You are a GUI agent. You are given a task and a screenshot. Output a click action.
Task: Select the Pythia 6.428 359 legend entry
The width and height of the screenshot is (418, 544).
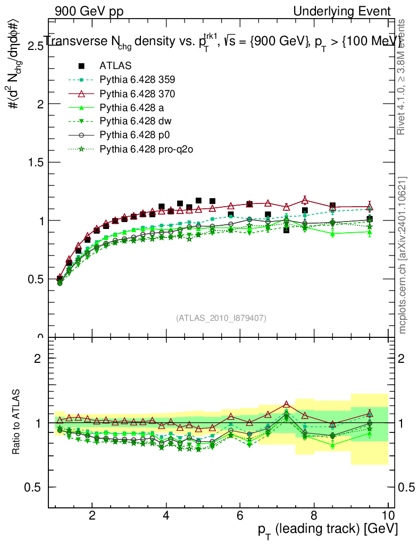click(x=137, y=80)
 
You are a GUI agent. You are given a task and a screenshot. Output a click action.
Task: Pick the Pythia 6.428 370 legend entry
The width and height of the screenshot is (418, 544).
click(x=137, y=93)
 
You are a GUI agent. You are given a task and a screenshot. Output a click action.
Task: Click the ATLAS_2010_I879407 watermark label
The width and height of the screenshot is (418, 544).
click(x=221, y=318)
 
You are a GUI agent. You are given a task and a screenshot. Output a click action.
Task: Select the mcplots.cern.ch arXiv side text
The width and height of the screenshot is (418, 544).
click(x=403, y=256)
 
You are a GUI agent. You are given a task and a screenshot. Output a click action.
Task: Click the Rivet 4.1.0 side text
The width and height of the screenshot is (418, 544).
click(x=403, y=77)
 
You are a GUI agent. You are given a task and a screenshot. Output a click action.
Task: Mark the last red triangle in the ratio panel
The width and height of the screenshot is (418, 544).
click(x=370, y=413)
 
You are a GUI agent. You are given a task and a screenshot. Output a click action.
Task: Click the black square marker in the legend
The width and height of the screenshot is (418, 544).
click(x=81, y=66)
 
